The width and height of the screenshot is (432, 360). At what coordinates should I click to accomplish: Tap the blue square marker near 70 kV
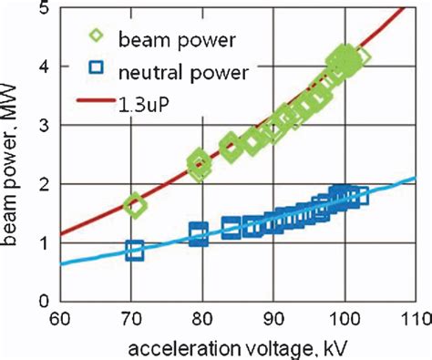pyautogui.click(x=134, y=250)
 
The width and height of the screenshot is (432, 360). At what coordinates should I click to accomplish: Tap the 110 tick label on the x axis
pyautogui.click(x=414, y=320)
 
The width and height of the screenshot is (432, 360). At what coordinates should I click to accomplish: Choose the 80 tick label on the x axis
pyautogui.click(x=202, y=320)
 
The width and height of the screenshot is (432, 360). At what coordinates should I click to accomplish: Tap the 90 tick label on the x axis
pyautogui.click(x=273, y=320)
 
